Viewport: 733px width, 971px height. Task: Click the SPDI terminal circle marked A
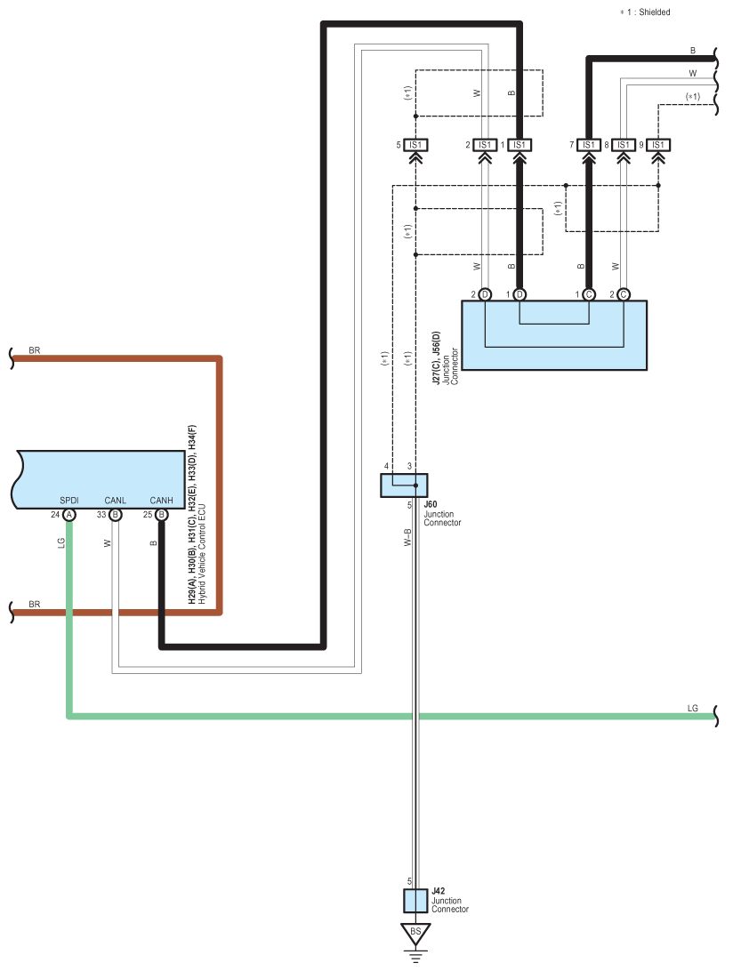(x=69, y=515)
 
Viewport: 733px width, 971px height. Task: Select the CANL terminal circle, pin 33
(x=116, y=515)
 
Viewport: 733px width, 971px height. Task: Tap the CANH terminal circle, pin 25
(x=162, y=515)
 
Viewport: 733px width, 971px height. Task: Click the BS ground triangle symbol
(x=415, y=934)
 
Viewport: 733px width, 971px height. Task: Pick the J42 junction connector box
(x=415, y=901)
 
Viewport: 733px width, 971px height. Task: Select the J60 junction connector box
(x=404, y=485)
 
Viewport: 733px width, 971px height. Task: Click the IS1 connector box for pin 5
(x=415, y=145)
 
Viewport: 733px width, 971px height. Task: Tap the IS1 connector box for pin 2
(x=485, y=145)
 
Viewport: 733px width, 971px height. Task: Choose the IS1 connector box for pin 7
(x=589, y=145)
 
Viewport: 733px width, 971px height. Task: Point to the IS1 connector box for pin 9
(x=658, y=145)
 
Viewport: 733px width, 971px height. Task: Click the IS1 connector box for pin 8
(x=624, y=145)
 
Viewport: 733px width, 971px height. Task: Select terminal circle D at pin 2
(x=485, y=295)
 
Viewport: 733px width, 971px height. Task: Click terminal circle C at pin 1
(x=589, y=295)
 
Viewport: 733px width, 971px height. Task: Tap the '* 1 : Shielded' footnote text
(x=645, y=12)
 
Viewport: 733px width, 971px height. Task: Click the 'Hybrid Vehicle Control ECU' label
(x=202, y=554)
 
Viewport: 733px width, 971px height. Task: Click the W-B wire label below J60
(x=407, y=537)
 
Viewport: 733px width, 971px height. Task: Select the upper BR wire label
(x=34, y=350)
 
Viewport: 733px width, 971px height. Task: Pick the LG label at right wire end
(x=693, y=709)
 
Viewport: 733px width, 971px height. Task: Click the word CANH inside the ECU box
(x=162, y=501)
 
